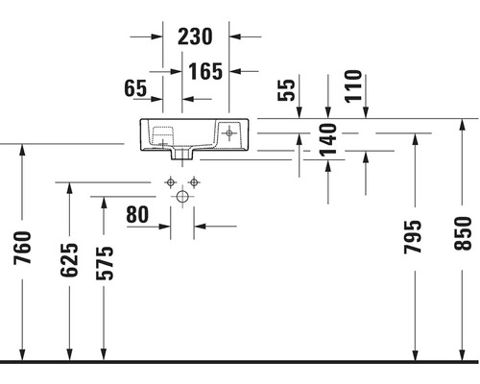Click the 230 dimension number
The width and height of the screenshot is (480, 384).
click(x=195, y=36)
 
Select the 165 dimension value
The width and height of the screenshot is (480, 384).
click(x=205, y=71)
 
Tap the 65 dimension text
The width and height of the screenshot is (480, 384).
click(x=135, y=88)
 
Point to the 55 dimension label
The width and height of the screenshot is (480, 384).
click(x=286, y=90)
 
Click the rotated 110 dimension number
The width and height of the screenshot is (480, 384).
click(x=353, y=86)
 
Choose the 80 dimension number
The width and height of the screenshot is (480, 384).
click(x=137, y=214)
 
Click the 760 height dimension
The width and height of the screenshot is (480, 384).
click(x=22, y=248)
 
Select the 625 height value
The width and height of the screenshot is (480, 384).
click(x=69, y=260)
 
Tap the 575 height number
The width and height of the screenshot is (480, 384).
click(x=105, y=263)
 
